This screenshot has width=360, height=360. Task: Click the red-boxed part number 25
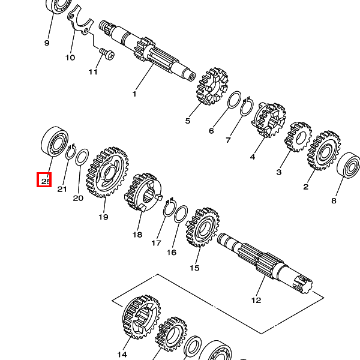click(x=44, y=179)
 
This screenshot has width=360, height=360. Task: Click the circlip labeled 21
click(x=70, y=154)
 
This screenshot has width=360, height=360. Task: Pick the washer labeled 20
click(x=83, y=159)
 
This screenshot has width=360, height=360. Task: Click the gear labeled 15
click(x=202, y=228)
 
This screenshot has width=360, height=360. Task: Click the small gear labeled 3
click(x=297, y=137)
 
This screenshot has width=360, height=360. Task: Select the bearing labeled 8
click(x=349, y=170)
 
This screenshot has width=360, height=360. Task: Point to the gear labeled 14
click(x=141, y=316)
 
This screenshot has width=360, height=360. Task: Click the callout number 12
click(x=256, y=300)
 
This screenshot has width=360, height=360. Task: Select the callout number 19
click(x=103, y=217)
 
